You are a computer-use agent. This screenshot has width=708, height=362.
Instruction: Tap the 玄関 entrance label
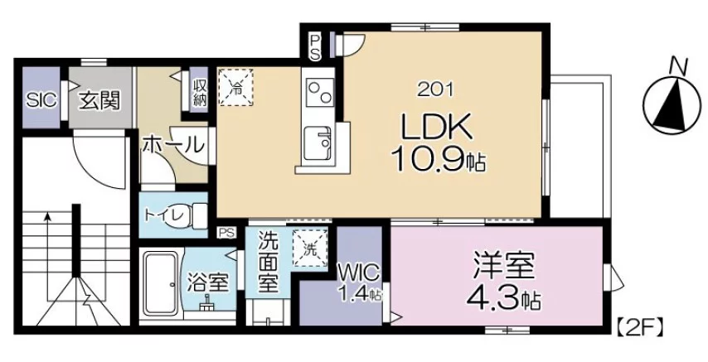[100, 100]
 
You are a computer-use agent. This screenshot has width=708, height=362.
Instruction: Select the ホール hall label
[172, 145]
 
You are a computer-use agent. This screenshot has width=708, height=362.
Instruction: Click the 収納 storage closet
[199, 93]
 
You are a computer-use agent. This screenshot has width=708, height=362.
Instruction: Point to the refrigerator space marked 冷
[235, 87]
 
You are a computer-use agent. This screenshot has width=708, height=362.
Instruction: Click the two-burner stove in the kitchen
[318, 91]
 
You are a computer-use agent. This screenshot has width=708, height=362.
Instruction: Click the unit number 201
[435, 90]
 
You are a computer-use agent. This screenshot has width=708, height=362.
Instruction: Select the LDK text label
[437, 127]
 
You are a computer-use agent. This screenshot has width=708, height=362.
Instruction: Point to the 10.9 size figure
[428, 159]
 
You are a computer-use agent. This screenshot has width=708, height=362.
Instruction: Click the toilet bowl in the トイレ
[199, 215]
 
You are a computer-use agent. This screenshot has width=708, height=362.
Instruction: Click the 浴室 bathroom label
[206, 282]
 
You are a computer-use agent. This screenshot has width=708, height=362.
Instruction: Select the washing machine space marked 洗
[310, 248]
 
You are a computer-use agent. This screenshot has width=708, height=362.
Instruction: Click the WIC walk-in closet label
[359, 273]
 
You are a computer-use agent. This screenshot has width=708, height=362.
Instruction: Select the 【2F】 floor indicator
[640, 326]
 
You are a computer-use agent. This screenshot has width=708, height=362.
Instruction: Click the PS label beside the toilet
[227, 233]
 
